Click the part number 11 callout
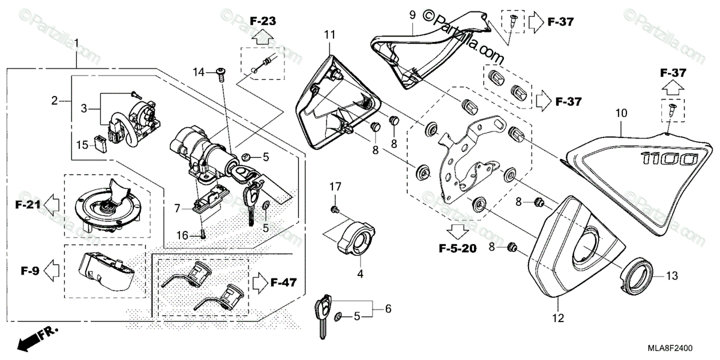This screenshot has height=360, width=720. [329, 35]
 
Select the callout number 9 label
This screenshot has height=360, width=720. [413, 13]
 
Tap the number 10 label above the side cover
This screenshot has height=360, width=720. [621, 112]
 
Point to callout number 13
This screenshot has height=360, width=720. [671, 275]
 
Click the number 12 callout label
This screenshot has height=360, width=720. [558, 317]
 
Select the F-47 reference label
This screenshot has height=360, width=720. [284, 281]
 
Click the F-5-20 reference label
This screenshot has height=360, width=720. [457, 248]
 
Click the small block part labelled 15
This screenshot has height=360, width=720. [100, 145]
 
